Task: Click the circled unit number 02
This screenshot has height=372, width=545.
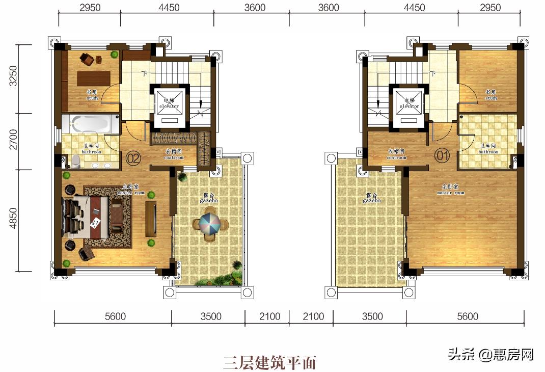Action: (133, 158)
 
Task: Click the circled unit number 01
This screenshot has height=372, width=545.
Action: (442, 155)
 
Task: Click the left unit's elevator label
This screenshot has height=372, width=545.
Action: (169, 103)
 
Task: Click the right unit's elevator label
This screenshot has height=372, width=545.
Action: (409, 103)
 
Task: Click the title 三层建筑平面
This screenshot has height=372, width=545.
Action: (269, 362)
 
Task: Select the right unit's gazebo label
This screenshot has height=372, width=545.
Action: (372, 198)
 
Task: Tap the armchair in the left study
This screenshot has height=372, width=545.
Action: (89, 59)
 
